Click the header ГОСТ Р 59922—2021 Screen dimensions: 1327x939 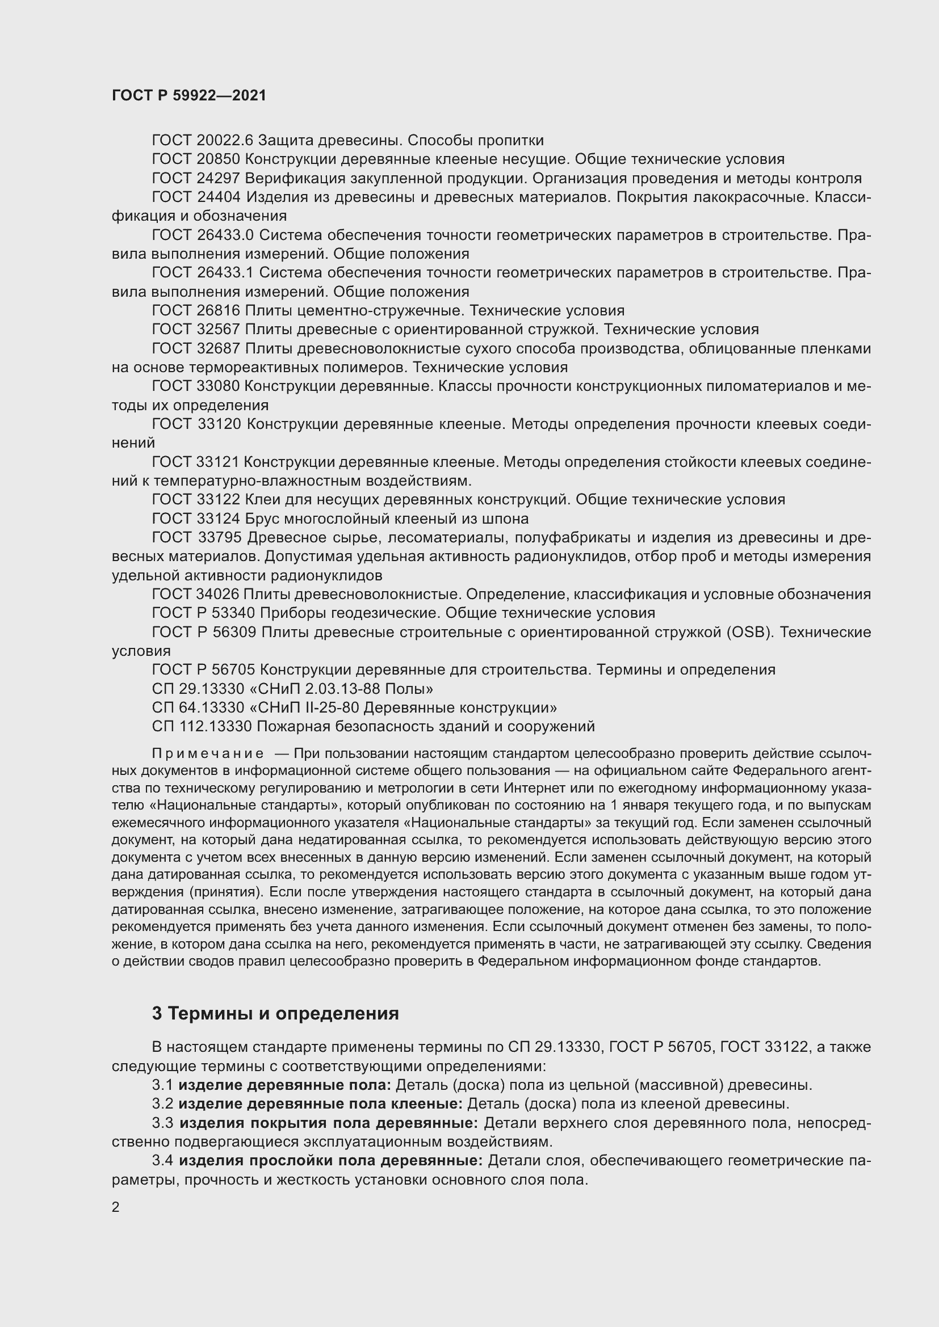pos(189,95)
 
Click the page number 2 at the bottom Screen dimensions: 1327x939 pos(116,1207)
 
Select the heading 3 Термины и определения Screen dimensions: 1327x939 pos(275,1013)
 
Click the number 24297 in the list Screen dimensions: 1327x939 pos(218,178)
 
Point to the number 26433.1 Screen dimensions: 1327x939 pos(226,272)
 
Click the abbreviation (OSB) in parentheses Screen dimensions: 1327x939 pos(749,631)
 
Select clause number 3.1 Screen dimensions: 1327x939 pos(162,1085)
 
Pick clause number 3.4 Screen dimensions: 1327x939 pos(162,1161)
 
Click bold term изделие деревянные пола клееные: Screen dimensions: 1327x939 pos(320,1104)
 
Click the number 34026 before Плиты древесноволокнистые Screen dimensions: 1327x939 pos(217,594)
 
